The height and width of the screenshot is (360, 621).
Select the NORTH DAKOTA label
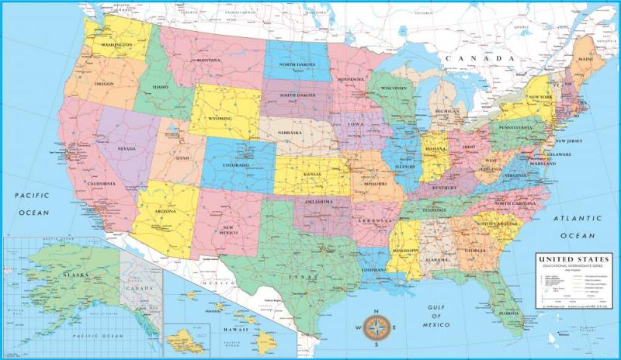[297, 64]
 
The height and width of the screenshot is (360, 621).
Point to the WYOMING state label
[220, 118]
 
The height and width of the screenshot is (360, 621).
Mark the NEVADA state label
[127, 148]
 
